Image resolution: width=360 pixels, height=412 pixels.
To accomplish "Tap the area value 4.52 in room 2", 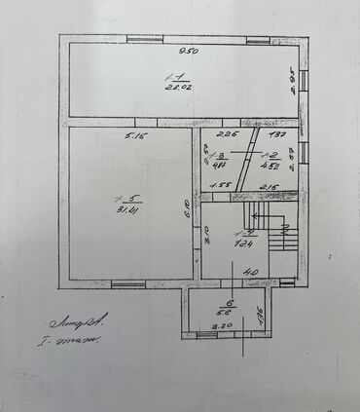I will pyautogui.click(x=273, y=166).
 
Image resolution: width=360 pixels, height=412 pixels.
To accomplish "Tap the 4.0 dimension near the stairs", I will pyautogui.click(x=251, y=271).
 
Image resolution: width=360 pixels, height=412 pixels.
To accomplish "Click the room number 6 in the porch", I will pyautogui.click(x=230, y=303).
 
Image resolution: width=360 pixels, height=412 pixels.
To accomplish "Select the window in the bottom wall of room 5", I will pyautogui.click(x=127, y=283).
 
